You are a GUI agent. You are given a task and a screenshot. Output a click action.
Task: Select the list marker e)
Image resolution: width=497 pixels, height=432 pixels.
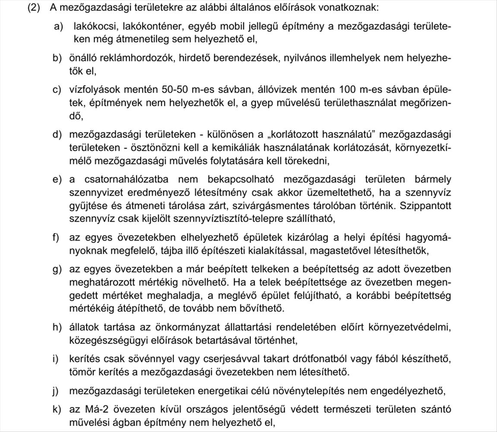57,179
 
